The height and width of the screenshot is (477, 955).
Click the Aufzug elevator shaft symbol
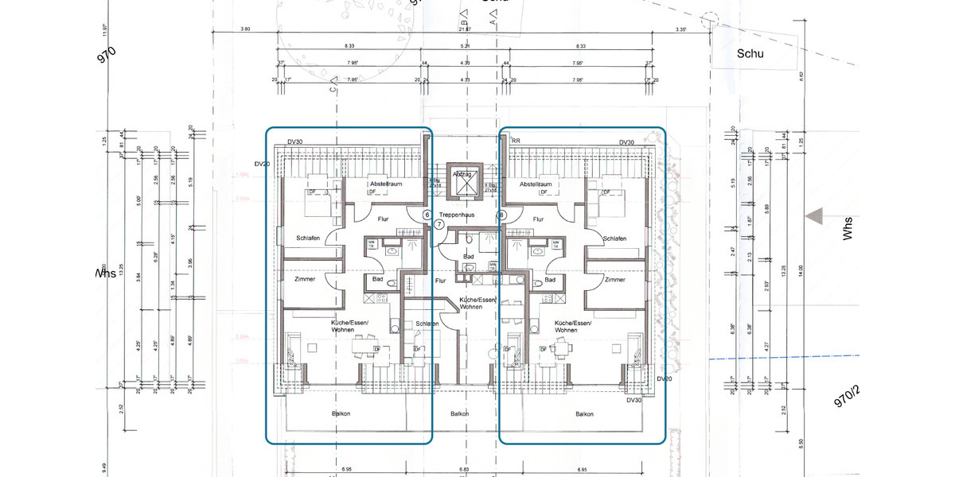pyautogui.click(x=464, y=184)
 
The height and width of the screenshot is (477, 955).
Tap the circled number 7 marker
pyautogui.click(x=439, y=225)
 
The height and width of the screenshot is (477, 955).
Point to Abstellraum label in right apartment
pyautogui.click(x=536, y=184)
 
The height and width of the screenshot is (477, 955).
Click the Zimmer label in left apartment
pyautogui.click(x=305, y=279)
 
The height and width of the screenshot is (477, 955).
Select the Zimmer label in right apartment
pyautogui.click(x=614, y=279)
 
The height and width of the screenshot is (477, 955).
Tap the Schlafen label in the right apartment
pyautogui.click(x=614, y=238)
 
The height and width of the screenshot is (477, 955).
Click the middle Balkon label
pyautogui.click(x=459, y=413)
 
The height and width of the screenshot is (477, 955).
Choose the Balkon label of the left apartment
pyautogui.click(x=341, y=413)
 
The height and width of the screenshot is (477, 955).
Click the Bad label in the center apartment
pyautogui.click(x=469, y=257)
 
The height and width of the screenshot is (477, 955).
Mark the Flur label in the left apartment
pyautogui.click(x=384, y=219)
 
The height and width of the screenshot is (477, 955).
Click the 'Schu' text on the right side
pyautogui.click(x=750, y=54)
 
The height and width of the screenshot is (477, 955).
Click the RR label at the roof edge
pyautogui.click(x=516, y=141)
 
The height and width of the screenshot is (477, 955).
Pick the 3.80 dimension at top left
pyautogui.click(x=245, y=29)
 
